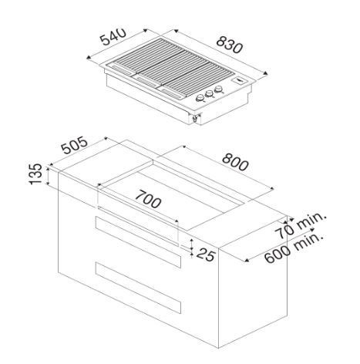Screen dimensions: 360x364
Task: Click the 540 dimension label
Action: (113, 36)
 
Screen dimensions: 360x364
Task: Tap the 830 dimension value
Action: (229, 45)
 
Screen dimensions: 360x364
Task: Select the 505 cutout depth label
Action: (75, 145)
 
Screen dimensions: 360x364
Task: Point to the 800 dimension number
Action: (235, 162)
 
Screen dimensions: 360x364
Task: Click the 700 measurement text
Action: (148, 199)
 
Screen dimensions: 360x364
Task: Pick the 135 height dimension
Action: (35, 174)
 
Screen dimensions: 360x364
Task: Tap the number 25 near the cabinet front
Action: (206, 254)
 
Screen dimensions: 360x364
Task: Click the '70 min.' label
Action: (301, 226)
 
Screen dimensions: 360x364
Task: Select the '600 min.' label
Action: (294, 248)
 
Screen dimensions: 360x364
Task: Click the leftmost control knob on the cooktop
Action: (200, 98)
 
